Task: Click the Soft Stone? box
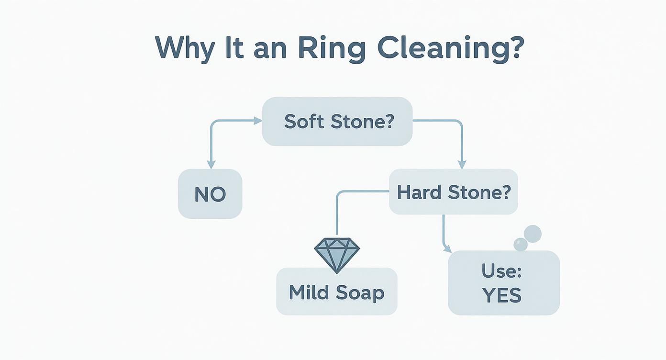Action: pos(337,122)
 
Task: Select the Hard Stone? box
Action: pos(454,192)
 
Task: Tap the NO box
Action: pos(210,194)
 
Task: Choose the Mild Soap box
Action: pos(337,292)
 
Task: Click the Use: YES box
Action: pos(503,283)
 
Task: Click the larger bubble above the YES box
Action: pos(533,234)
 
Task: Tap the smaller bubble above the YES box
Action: pos(520,245)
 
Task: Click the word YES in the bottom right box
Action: pos(502,295)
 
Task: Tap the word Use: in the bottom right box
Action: pos(501,271)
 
